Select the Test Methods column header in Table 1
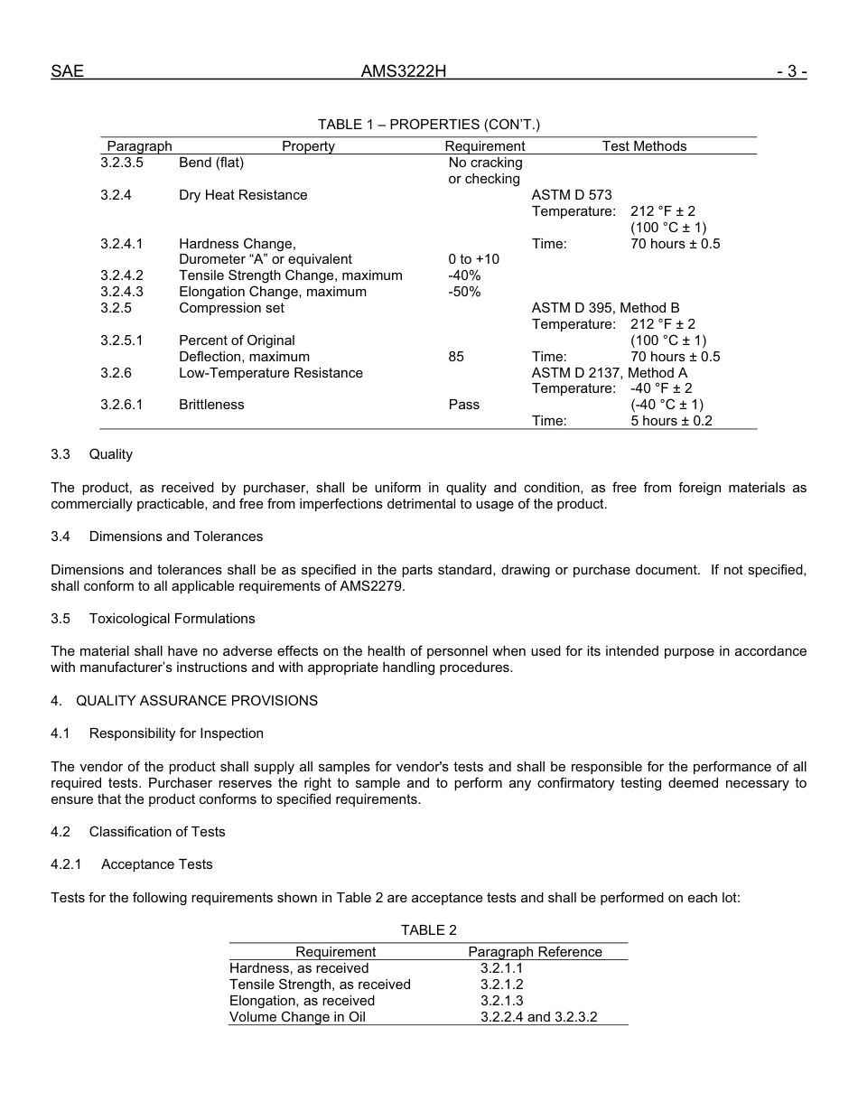644,146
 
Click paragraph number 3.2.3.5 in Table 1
122,163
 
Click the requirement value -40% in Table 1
464,275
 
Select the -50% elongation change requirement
464,292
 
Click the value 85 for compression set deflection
456,357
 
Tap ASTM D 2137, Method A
609,373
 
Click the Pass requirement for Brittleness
464,405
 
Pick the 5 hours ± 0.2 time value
671,421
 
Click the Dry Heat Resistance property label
243,195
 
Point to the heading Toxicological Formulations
172,619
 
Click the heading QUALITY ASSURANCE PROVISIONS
197,701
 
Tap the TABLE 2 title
429,930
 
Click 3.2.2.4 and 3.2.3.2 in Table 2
539,1017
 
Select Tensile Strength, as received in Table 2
320,985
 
